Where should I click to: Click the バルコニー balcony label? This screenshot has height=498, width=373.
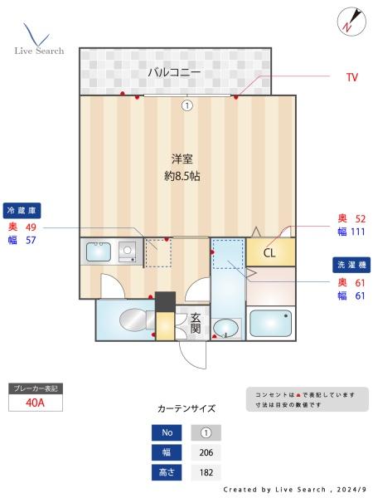point(174,72)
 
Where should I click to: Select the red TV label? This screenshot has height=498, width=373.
point(351,77)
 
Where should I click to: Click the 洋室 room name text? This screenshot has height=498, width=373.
point(182,159)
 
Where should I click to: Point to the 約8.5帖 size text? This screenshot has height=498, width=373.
point(182,176)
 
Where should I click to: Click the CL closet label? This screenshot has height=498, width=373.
point(270,252)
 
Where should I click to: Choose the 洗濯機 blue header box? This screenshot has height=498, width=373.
point(351,266)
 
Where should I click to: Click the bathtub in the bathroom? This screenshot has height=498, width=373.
point(271,324)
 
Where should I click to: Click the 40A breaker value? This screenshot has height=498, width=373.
point(35,403)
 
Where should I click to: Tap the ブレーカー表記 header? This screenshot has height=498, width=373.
point(35,388)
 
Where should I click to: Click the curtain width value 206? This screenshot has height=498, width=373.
point(206,452)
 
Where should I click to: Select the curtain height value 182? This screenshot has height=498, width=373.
point(206,472)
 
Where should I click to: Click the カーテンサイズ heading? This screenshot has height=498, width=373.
point(186,408)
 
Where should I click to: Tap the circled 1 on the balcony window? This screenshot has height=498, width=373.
point(187,105)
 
